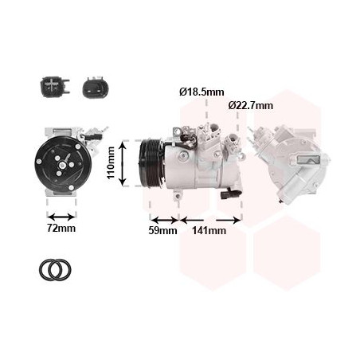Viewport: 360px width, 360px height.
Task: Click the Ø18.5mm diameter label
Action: pyautogui.click(x=202, y=92)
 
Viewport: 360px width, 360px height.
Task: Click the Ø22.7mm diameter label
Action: pyautogui.click(x=251, y=106)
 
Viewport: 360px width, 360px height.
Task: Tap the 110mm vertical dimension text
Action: pyautogui.click(x=112, y=162)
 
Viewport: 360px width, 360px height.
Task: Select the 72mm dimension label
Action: pyautogui.click(x=61, y=228)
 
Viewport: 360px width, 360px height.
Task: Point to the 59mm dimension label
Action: pyautogui.click(x=162, y=230)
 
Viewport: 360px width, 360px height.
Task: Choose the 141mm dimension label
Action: pyautogui.click(x=209, y=230)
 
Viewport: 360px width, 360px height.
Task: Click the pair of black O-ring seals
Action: pyautogui.click(x=55, y=269)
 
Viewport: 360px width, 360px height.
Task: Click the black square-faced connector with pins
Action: pyautogui.click(x=54, y=86)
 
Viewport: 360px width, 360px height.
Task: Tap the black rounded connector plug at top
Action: pyautogui.click(x=96, y=88)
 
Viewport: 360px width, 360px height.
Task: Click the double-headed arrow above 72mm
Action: pyautogui.click(x=61, y=217)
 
